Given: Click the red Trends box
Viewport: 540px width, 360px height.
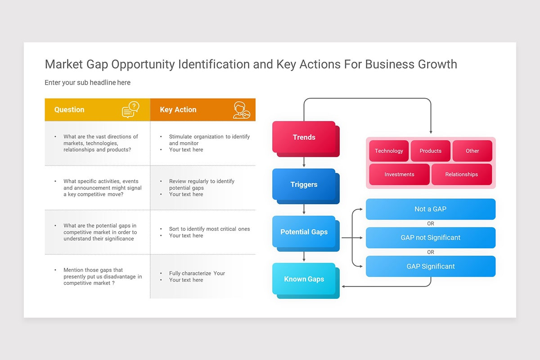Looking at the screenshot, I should coord(304,137).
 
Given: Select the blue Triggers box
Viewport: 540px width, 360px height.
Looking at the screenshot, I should coord(304,184).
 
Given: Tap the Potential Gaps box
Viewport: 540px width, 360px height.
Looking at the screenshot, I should coord(304,232).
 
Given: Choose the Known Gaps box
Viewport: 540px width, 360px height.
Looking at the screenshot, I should coord(304,279).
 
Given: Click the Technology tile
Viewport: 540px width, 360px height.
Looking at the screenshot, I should coord(389,151).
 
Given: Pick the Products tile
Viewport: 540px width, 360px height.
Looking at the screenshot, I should coord(430,151).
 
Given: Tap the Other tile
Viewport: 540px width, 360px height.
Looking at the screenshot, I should coord(472,151).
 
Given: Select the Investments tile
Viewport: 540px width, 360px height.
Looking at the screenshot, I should coord(399,174).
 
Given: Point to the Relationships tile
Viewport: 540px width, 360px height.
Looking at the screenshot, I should coord(461,174).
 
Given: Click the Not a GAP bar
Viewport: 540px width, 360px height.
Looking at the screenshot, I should coord(430,209).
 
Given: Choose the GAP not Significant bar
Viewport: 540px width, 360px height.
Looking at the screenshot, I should coord(430,238).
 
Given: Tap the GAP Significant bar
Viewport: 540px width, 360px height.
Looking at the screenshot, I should coord(430,266).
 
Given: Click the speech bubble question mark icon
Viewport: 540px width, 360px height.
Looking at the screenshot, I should coord(130,109).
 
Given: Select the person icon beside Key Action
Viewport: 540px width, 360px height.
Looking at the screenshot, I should coord(241,110).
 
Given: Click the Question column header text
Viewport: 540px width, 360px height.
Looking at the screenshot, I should coord(69,109).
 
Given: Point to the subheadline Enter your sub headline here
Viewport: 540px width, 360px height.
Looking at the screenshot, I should coord(87,82).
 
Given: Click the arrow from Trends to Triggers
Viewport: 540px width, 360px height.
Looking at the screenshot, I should coord(304,162).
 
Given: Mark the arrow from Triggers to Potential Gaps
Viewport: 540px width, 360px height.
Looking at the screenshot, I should coord(304,209).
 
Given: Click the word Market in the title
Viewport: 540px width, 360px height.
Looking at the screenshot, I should coord(63,64).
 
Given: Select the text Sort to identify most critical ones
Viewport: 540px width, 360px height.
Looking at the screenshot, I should coord(209,229).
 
